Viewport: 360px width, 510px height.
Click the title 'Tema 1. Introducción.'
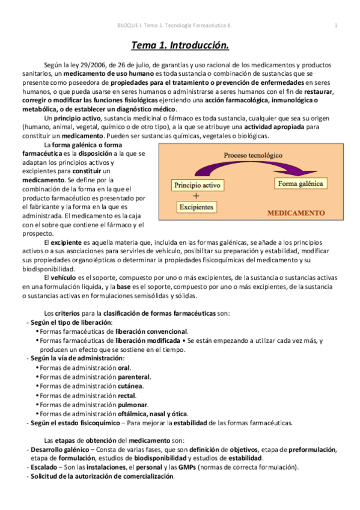coord(180,45)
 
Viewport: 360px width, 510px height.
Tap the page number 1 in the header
coord(336,25)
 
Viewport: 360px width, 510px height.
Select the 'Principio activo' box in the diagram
coord(196,185)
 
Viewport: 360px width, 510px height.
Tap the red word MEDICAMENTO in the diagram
coord(296,213)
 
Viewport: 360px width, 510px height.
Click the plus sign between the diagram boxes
coord(196,196)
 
